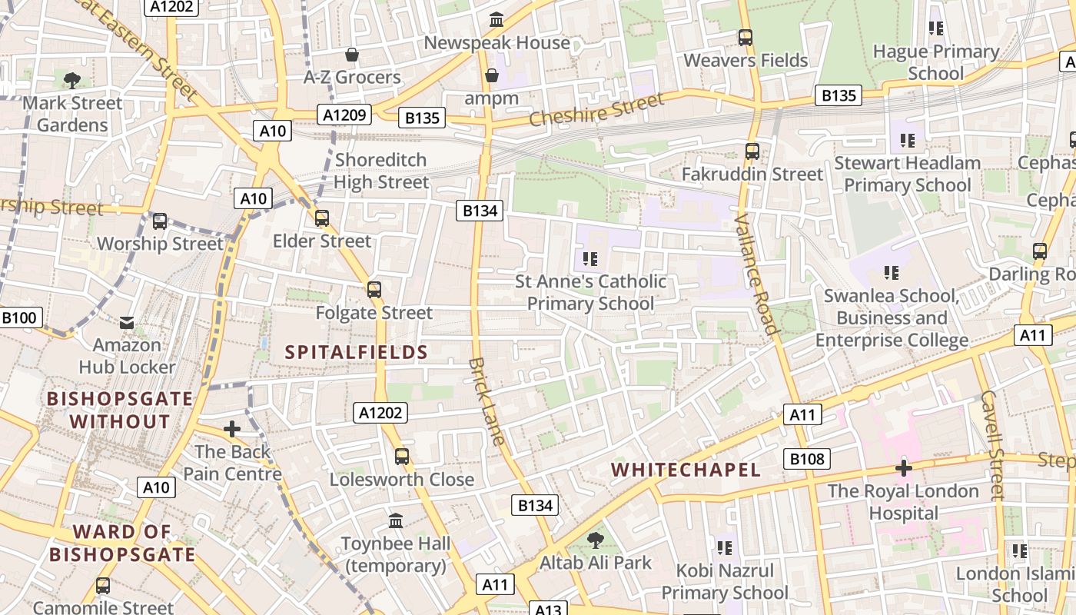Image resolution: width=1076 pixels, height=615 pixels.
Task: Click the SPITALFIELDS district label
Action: point(356,353)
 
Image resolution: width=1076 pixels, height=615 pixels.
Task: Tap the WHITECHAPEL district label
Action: point(686,470)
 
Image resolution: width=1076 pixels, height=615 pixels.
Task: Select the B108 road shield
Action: point(807,460)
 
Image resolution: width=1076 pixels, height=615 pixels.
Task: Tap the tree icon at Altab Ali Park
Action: point(595,540)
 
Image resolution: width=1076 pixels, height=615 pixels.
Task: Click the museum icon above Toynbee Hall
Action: point(396,521)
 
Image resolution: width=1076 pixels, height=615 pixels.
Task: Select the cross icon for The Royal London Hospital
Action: point(903,467)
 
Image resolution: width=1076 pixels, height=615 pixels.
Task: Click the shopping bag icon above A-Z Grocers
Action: point(352,55)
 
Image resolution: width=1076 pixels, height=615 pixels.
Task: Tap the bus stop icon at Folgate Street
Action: point(374,290)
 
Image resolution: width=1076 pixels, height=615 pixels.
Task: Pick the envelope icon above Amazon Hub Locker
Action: point(127,322)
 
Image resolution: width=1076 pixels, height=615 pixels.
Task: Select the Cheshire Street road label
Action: point(596,110)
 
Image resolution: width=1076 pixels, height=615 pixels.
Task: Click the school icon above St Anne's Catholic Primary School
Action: point(590,258)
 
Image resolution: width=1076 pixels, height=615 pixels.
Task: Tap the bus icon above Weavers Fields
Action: point(745,37)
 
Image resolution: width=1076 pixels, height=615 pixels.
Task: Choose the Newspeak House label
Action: point(496,43)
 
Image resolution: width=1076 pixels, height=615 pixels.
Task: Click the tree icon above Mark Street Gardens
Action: point(73,80)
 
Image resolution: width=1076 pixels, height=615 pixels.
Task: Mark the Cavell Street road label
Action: point(993,446)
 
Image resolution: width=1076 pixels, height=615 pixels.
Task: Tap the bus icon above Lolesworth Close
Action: point(402,457)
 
